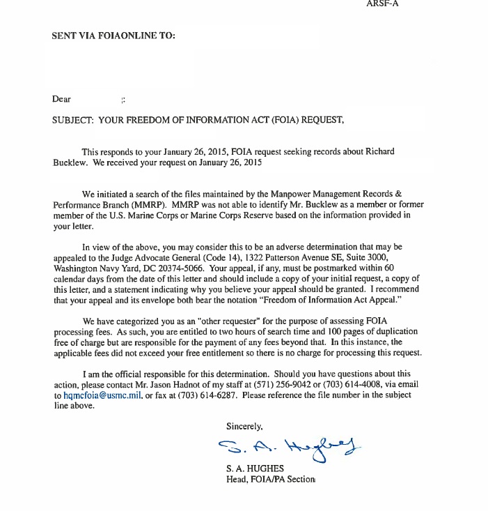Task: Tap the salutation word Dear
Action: tap(61, 99)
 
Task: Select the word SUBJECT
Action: tap(72, 120)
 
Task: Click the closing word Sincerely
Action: tap(244, 425)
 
